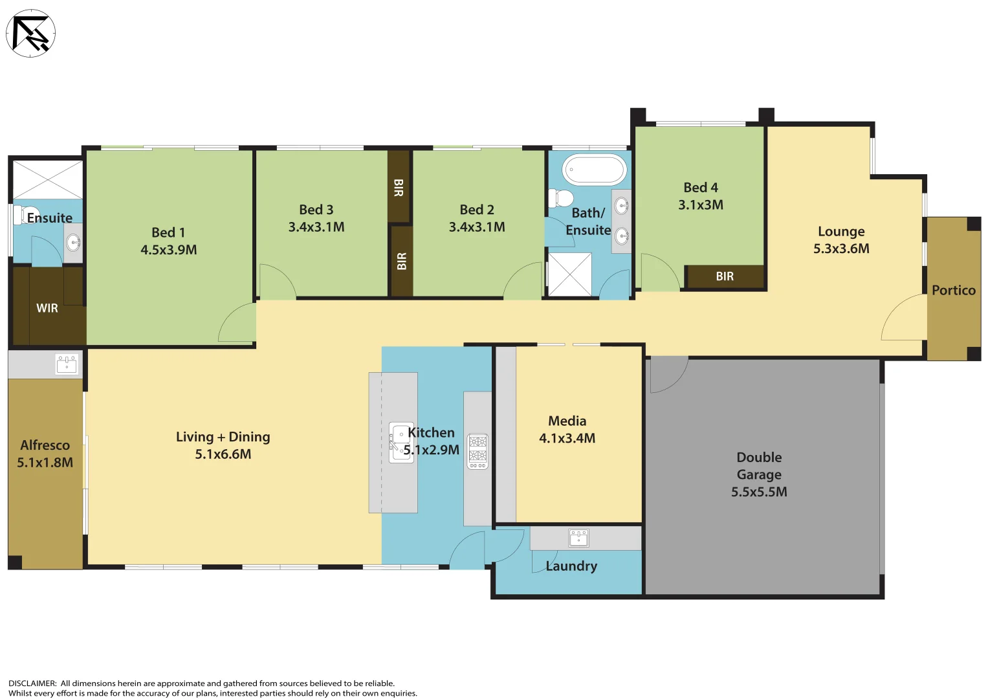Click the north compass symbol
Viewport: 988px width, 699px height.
tap(30, 33)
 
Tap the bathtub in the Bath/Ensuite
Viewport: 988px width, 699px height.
tap(594, 170)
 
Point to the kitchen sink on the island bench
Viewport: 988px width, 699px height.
tap(401, 442)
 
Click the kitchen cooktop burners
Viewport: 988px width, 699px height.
tap(478, 450)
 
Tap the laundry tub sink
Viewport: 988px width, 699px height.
tap(578, 538)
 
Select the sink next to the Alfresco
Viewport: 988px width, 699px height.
tap(67, 364)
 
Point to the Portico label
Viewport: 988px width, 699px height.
tap(953, 291)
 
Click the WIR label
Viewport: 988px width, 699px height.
tap(47, 308)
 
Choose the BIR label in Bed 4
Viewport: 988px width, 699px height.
tap(725, 276)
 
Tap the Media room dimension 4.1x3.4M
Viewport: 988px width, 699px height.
tap(567, 438)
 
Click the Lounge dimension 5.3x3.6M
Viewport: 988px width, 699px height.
tap(841, 249)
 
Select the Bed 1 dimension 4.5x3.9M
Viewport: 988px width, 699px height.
tap(169, 250)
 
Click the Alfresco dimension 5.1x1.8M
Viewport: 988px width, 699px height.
tap(45, 463)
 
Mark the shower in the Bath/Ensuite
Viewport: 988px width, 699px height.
tap(569, 274)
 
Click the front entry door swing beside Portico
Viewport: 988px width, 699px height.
tap(904, 317)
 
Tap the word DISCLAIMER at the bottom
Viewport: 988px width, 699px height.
tap(32, 683)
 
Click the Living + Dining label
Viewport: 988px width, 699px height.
tap(223, 437)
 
